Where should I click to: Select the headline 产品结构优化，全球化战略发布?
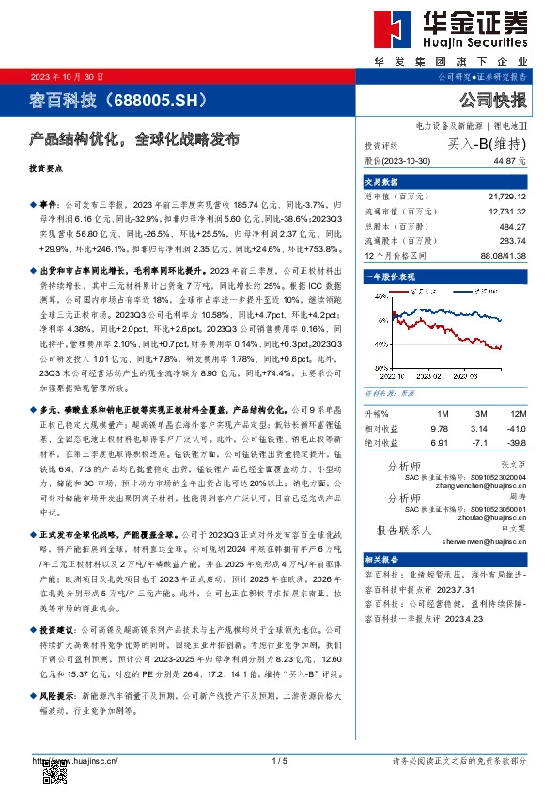click(133, 138)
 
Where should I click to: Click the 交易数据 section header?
click(382, 182)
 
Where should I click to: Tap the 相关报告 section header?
click(382, 559)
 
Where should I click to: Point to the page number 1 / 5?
click(278, 760)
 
